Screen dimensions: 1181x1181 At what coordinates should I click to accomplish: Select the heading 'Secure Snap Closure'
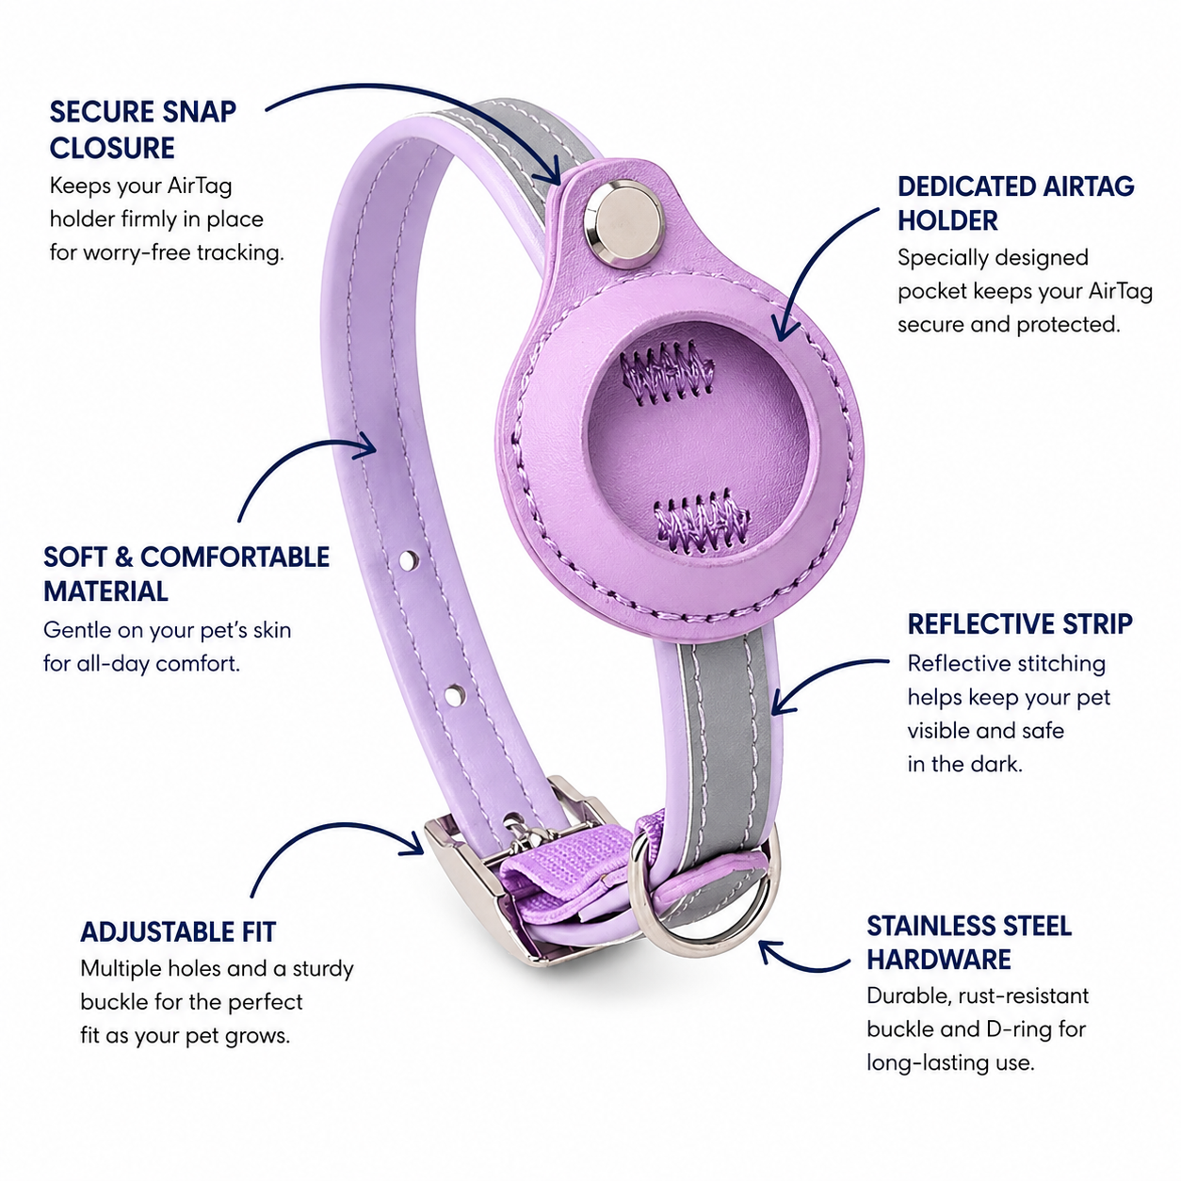pos(143,130)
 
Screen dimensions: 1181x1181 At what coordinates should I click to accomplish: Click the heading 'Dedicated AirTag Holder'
pos(1015,203)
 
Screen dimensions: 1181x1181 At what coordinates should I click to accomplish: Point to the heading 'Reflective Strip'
pos(1020,623)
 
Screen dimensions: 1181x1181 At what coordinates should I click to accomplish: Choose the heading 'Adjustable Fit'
pos(178,932)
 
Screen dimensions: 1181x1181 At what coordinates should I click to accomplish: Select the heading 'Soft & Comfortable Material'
pos(186,574)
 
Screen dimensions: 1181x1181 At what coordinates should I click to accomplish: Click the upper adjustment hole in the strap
pos(409,558)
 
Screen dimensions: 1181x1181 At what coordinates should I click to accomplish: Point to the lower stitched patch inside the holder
pos(703,520)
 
